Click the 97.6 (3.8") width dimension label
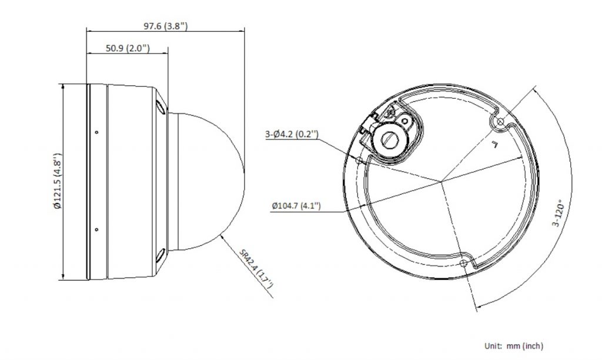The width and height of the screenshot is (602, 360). point(165,26)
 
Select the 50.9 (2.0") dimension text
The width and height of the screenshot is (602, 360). point(128,48)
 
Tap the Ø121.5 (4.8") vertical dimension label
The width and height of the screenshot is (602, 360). point(57,181)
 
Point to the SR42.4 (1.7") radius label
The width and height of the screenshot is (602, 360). point(256,269)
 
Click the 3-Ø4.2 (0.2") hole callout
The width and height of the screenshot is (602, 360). point(292,134)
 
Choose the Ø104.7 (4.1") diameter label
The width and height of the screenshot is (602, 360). point(296,205)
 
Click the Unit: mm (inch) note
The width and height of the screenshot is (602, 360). point(514,346)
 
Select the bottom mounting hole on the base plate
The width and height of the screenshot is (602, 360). point(463,263)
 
